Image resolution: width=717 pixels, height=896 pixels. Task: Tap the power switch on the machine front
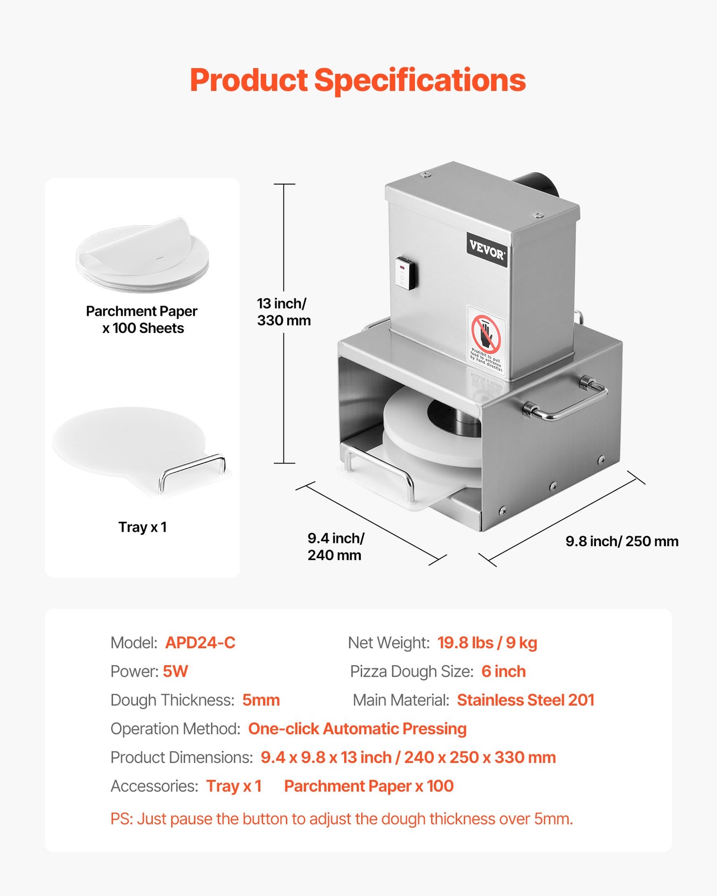(x=405, y=273)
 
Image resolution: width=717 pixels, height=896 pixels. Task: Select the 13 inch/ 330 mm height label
(x=283, y=312)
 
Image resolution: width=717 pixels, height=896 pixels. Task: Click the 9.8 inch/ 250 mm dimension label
(x=622, y=541)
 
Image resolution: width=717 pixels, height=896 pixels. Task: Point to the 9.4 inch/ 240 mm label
(x=335, y=547)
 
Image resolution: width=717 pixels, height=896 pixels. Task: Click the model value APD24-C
(x=200, y=643)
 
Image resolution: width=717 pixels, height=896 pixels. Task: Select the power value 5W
(x=175, y=672)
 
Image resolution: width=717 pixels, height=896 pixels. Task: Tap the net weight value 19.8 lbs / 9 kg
(x=487, y=643)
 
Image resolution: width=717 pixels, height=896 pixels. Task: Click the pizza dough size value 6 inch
(x=503, y=672)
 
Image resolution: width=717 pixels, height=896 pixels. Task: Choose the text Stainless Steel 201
(x=525, y=700)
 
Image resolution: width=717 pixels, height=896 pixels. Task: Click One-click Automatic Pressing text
(x=357, y=729)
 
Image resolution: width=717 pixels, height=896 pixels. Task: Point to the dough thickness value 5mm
(x=261, y=700)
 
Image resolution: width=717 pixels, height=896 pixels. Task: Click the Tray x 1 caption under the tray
(x=142, y=527)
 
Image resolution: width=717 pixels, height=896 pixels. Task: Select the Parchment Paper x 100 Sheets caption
(x=142, y=320)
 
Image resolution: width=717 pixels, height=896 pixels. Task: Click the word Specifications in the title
(x=420, y=80)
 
